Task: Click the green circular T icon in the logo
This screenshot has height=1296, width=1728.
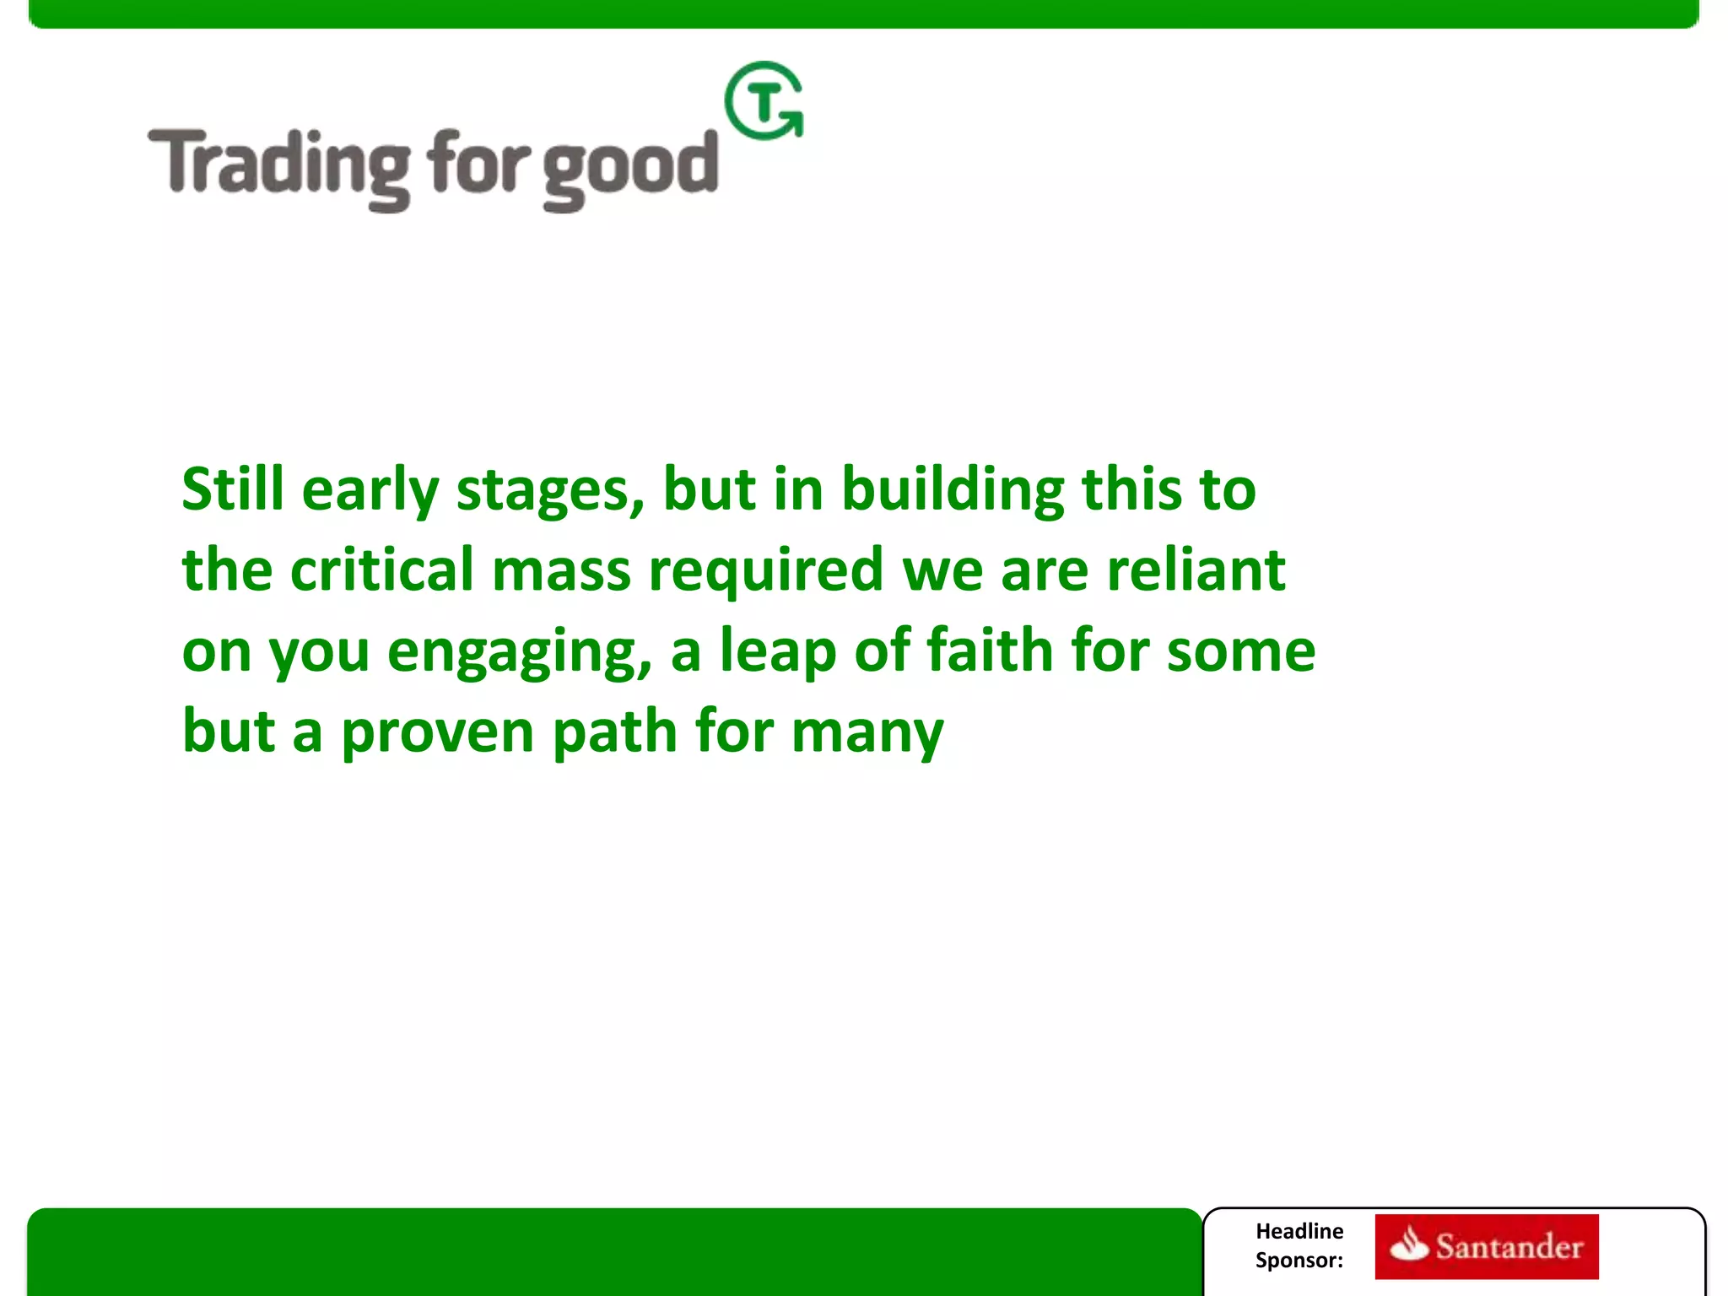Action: (x=764, y=101)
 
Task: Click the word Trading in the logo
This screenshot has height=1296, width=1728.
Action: (x=279, y=165)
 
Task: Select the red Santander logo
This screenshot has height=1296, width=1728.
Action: (x=1486, y=1246)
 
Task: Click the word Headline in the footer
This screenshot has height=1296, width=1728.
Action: (x=1299, y=1231)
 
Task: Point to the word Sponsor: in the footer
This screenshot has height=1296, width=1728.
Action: (x=1299, y=1261)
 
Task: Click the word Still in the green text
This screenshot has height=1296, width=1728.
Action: (x=232, y=489)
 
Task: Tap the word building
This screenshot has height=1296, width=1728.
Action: (x=953, y=489)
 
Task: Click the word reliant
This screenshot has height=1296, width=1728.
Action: (x=1196, y=570)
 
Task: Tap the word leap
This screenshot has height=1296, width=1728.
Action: (x=777, y=651)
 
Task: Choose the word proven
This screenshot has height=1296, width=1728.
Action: (x=437, y=732)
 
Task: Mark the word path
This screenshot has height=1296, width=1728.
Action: (x=615, y=731)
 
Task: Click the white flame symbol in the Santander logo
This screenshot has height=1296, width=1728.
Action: (x=1409, y=1245)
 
